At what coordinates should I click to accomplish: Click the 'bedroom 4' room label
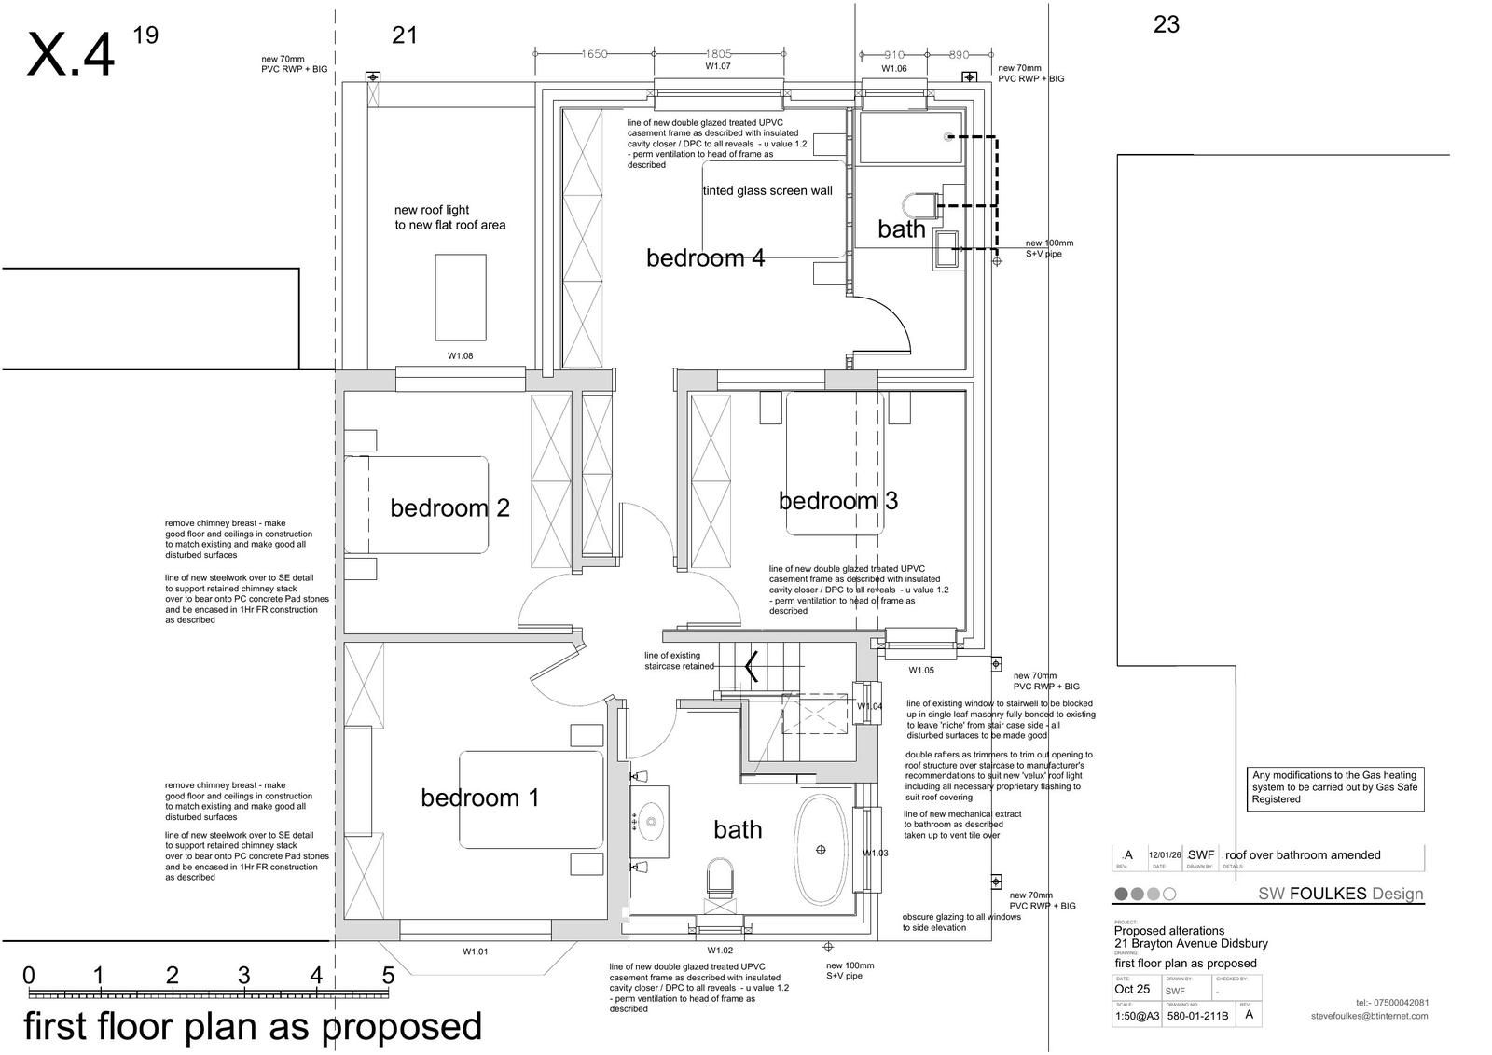705,258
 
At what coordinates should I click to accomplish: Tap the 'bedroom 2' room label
449,508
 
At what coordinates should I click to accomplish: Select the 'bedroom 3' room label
837,501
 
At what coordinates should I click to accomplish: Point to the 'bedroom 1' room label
479,798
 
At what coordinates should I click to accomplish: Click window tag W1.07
717,67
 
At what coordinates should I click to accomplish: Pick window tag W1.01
475,951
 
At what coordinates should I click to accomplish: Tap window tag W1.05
921,670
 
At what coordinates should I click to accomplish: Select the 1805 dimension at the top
718,54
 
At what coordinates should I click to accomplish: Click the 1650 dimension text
594,54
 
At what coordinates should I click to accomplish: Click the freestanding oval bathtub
821,850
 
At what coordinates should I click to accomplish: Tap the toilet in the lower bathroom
720,878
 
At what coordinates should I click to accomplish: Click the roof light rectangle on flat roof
460,297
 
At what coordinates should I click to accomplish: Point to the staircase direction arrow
751,666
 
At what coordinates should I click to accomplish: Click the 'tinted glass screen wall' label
767,191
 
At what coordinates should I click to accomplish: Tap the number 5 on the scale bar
388,976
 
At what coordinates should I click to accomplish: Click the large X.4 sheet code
71,54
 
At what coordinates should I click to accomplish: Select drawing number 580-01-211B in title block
1197,1016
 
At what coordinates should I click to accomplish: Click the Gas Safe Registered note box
1334,787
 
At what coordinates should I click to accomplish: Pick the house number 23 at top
1166,25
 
